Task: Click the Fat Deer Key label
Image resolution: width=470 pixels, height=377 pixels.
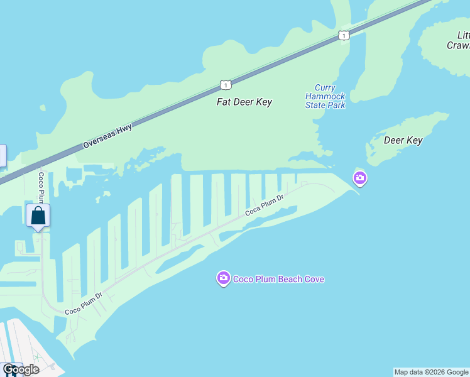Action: click(244, 102)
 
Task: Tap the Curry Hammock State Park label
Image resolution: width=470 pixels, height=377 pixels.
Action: click(325, 97)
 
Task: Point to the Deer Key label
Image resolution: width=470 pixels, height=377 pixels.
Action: click(402, 140)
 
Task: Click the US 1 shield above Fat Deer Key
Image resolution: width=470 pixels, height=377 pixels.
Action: click(226, 84)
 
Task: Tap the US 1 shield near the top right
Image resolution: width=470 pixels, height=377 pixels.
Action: click(343, 35)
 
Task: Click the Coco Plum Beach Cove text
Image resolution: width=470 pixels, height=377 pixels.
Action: click(278, 279)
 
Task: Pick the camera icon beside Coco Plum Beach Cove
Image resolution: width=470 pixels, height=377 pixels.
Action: click(223, 278)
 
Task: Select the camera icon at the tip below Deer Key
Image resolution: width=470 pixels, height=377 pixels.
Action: click(360, 178)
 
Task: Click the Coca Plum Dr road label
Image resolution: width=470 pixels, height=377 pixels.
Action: click(265, 204)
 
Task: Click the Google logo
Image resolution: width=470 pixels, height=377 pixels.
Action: click(21, 369)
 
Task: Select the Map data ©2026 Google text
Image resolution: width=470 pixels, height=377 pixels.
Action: click(431, 372)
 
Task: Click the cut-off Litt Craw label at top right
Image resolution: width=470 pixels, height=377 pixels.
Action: click(458, 40)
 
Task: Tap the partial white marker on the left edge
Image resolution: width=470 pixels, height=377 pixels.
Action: click(3, 155)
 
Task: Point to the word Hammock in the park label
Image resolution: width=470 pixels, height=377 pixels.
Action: click(325, 97)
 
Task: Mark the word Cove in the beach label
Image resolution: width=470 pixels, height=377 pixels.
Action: click(313, 279)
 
